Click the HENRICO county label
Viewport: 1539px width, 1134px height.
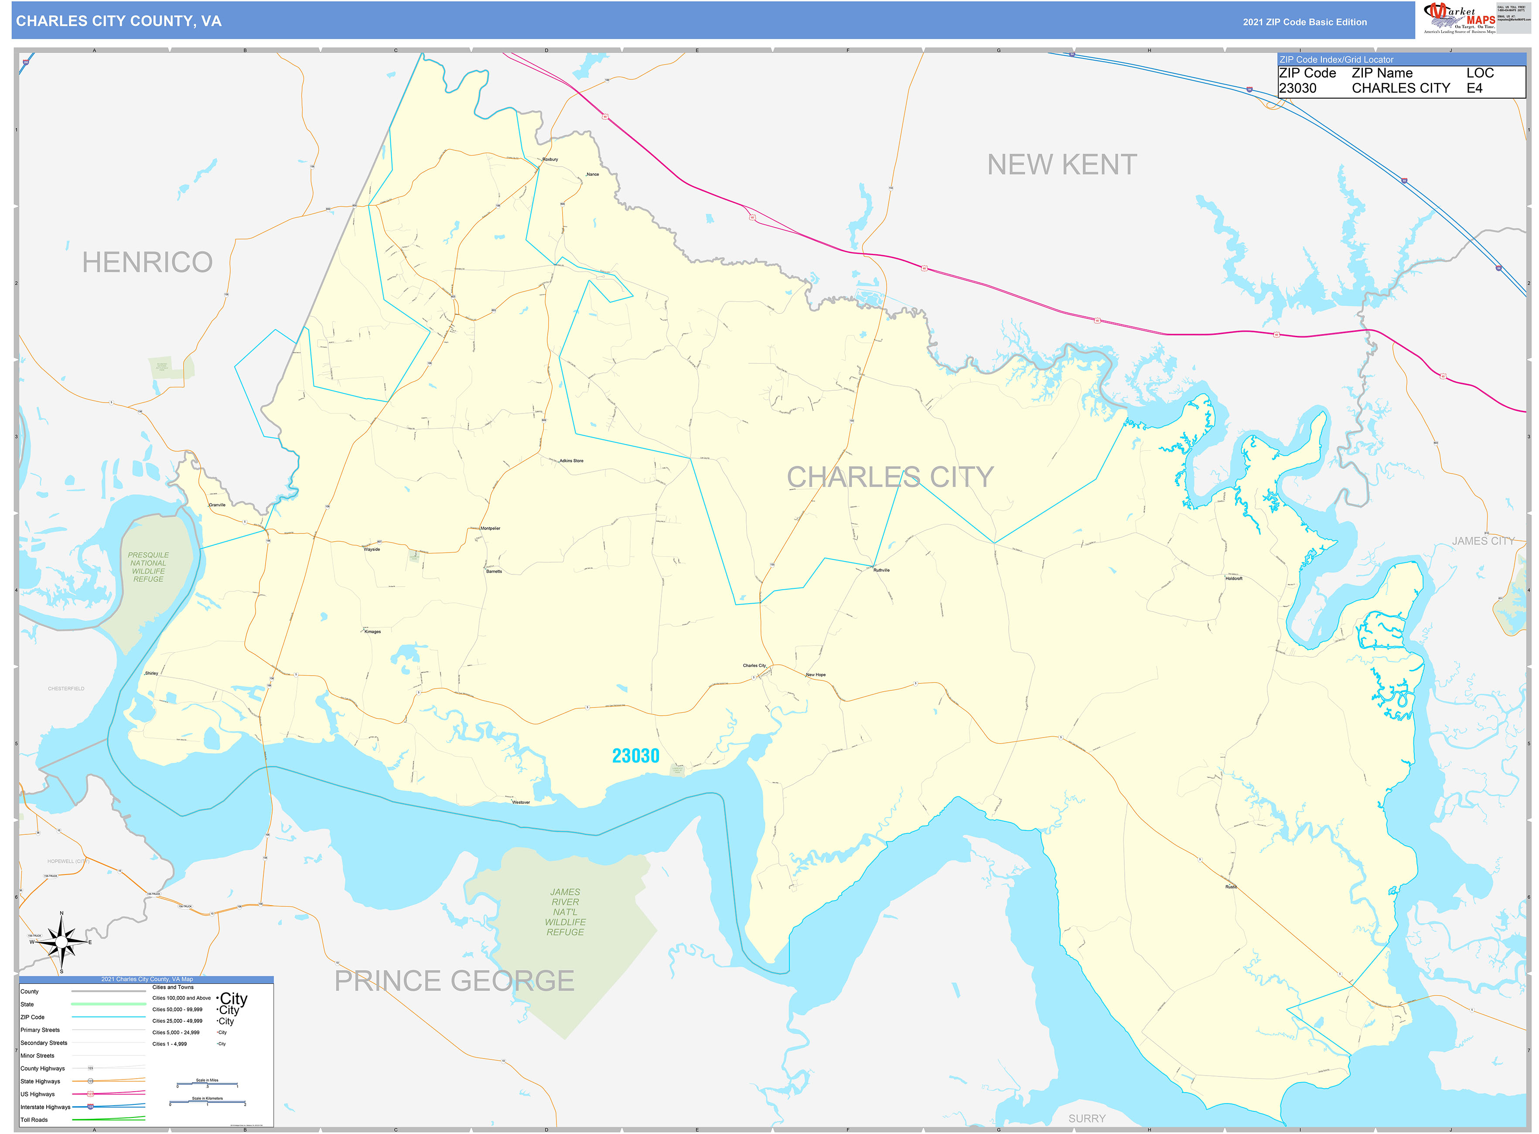tap(147, 262)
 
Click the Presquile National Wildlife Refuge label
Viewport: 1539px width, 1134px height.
tap(148, 567)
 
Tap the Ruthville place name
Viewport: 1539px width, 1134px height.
tap(881, 570)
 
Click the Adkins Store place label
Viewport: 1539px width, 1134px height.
tap(571, 461)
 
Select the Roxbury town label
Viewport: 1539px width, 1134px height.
tap(550, 159)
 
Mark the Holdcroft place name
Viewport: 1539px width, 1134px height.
tap(1234, 579)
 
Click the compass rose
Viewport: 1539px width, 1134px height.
tap(61, 943)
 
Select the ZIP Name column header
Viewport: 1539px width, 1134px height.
tap(1382, 73)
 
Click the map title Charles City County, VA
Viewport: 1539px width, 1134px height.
tap(119, 21)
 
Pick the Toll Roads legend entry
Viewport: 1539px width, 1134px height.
tap(34, 1120)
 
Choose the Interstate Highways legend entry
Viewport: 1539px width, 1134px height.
tap(45, 1107)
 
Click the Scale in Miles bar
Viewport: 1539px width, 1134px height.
tap(207, 1085)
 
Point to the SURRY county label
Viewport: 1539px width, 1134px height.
tap(1087, 1118)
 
